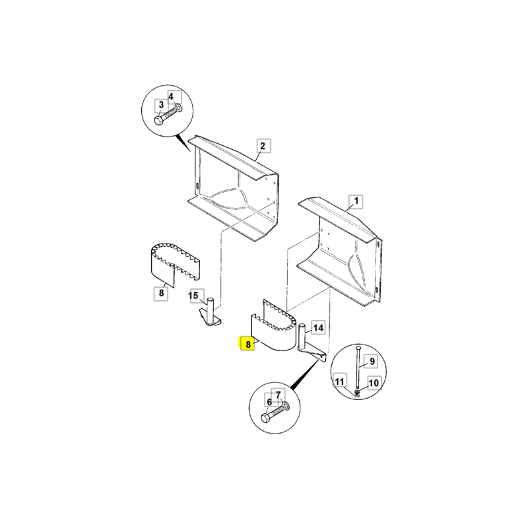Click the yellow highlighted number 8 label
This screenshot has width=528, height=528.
pyautogui.click(x=247, y=344)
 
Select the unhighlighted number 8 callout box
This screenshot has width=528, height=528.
pyautogui.click(x=161, y=293)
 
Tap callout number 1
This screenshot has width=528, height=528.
pyautogui.click(x=356, y=201)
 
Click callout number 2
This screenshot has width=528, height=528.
pyautogui.click(x=263, y=146)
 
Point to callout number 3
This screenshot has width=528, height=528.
pyautogui.click(x=161, y=106)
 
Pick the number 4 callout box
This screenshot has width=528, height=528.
pyautogui.click(x=175, y=97)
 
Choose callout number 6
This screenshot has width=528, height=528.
pyautogui.click(x=269, y=402)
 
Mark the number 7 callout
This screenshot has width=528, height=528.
pyautogui.click(x=279, y=395)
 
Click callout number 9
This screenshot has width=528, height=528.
pyautogui.click(x=372, y=361)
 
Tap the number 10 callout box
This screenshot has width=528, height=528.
pyautogui.click(x=374, y=383)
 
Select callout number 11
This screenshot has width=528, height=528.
pyautogui.click(x=340, y=381)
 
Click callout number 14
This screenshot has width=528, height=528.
pyautogui.click(x=318, y=327)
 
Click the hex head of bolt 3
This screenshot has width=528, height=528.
pyautogui.click(x=159, y=121)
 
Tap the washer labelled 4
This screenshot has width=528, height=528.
pyautogui.click(x=179, y=108)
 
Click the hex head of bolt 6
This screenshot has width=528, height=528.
pyautogui.click(x=266, y=418)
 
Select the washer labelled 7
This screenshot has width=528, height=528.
pyautogui.click(x=286, y=406)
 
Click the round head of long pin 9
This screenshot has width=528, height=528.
pyautogui.click(x=358, y=348)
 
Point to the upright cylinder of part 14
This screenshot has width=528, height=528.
pyautogui.click(x=302, y=337)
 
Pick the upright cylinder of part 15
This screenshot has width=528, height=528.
pyautogui.click(x=211, y=310)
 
